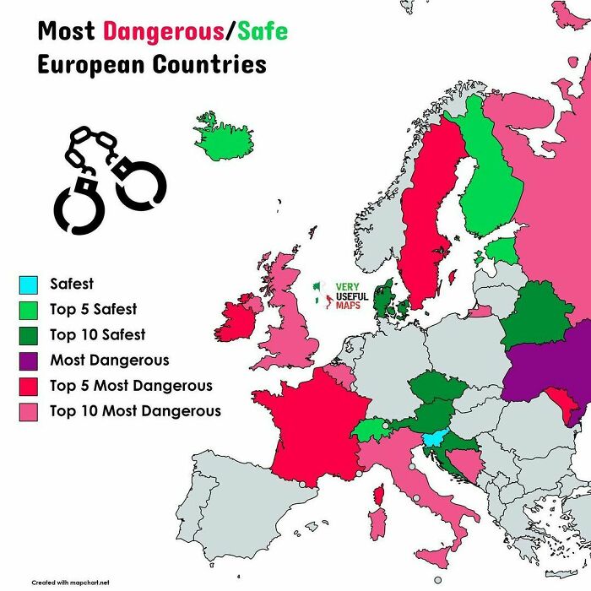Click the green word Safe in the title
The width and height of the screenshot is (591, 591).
coord(262,32)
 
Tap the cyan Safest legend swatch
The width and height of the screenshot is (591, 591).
coord(28,285)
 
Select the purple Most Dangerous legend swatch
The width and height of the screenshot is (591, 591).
coord(28,361)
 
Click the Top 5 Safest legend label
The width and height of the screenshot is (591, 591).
coord(93,310)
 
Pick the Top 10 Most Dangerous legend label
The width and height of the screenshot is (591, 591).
coord(135,411)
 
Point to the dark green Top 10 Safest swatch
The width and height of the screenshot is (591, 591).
coord(28,335)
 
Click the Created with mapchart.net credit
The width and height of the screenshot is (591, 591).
coord(71,582)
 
